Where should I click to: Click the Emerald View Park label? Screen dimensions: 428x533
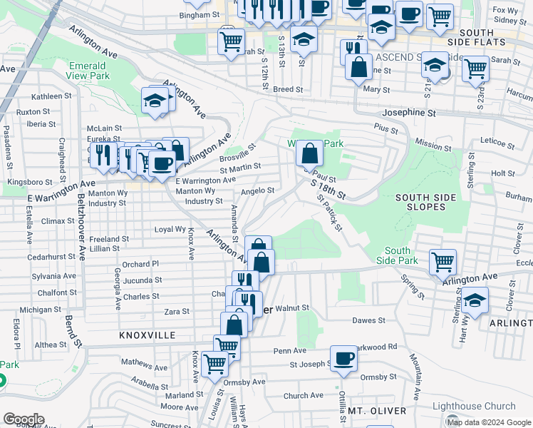pos(88,70)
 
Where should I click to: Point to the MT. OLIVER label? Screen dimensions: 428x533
pos(377,411)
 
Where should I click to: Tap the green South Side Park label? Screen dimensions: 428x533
pos(398,255)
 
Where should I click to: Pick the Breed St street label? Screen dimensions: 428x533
pos(288,90)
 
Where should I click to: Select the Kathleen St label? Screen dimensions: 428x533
pos(49,96)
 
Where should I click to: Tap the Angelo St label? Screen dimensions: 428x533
pos(257,190)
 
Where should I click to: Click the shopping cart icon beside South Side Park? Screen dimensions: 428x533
pos(443,261)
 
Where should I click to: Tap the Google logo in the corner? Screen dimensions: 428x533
pos(24,419)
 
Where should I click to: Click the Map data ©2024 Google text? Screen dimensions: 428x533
pos(488,422)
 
